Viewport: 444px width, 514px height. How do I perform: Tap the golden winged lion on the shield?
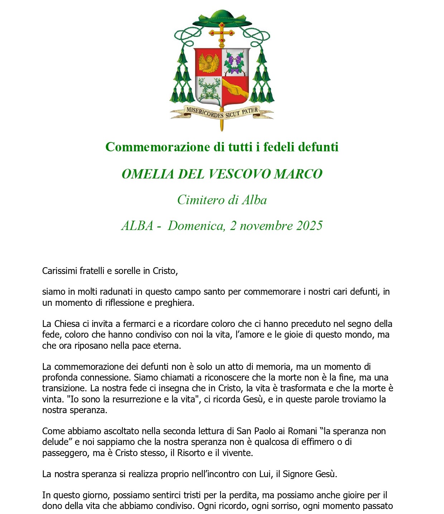click(x=209, y=63)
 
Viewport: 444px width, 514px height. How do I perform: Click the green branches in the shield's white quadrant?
click(x=208, y=90)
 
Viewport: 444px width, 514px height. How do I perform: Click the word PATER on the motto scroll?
click(x=250, y=111)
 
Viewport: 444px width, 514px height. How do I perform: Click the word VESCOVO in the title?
click(x=240, y=174)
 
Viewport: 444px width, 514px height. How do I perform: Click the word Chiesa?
click(x=67, y=324)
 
